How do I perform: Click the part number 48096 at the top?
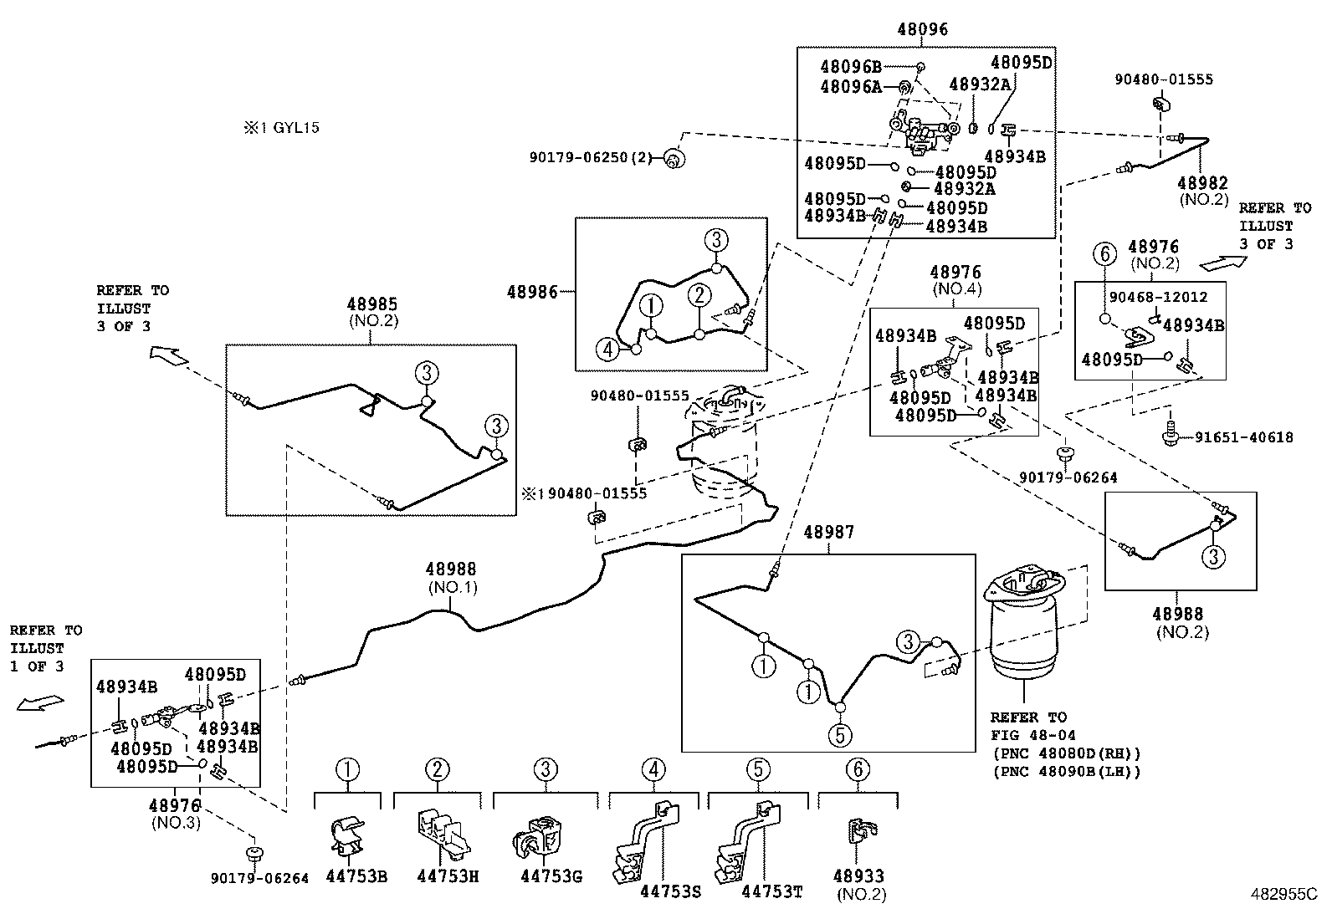click(x=925, y=30)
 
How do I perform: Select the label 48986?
click(x=532, y=292)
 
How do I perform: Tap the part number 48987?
click(x=829, y=533)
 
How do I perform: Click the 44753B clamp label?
click(x=356, y=877)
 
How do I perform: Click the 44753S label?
click(x=671, y=892)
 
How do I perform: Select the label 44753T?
click(x=771, y=892)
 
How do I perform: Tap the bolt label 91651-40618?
click(x=1243, y=437)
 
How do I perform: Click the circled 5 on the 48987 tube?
click(x=840, y=735)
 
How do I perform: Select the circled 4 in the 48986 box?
click(x=608, y=349)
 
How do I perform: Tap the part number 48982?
click(x=1202, y=183)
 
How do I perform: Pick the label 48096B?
click(x=851, y=67)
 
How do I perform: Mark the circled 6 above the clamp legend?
click(x=858, y=768)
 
